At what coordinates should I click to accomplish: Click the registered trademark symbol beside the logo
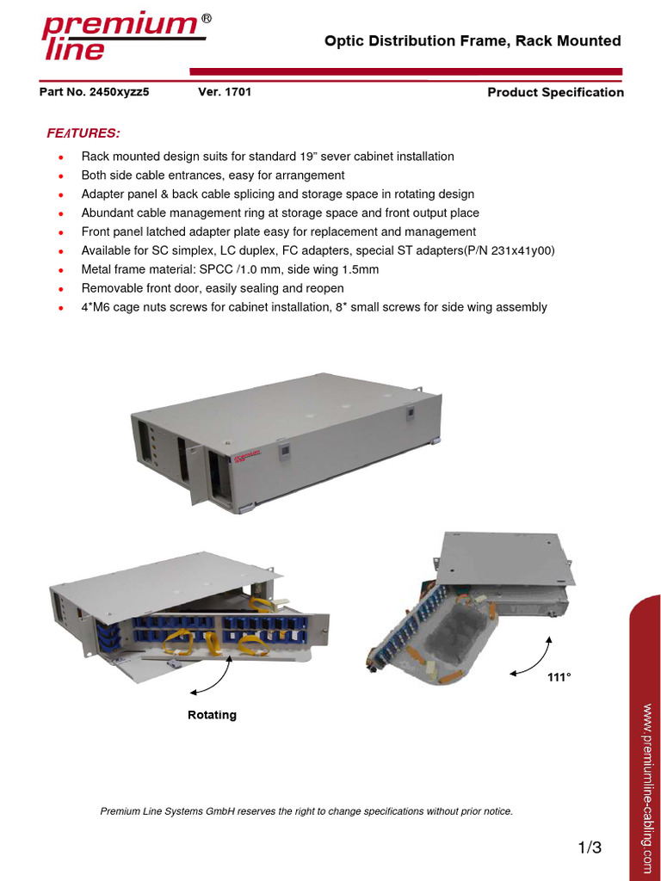(207, 19)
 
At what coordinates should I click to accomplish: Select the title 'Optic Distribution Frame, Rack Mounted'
(472, 41)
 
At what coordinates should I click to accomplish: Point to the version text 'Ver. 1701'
(225, 92)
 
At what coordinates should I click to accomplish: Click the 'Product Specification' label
(555, 93)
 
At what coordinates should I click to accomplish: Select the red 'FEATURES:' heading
(83, 133)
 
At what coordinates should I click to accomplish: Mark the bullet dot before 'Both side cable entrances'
(60, 176)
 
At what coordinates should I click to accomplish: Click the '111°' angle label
(559, 678)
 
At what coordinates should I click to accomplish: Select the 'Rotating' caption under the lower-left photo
(212, 715)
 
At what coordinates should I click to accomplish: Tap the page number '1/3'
(590, 848)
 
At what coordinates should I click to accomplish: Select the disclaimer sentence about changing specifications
(306, 811)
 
